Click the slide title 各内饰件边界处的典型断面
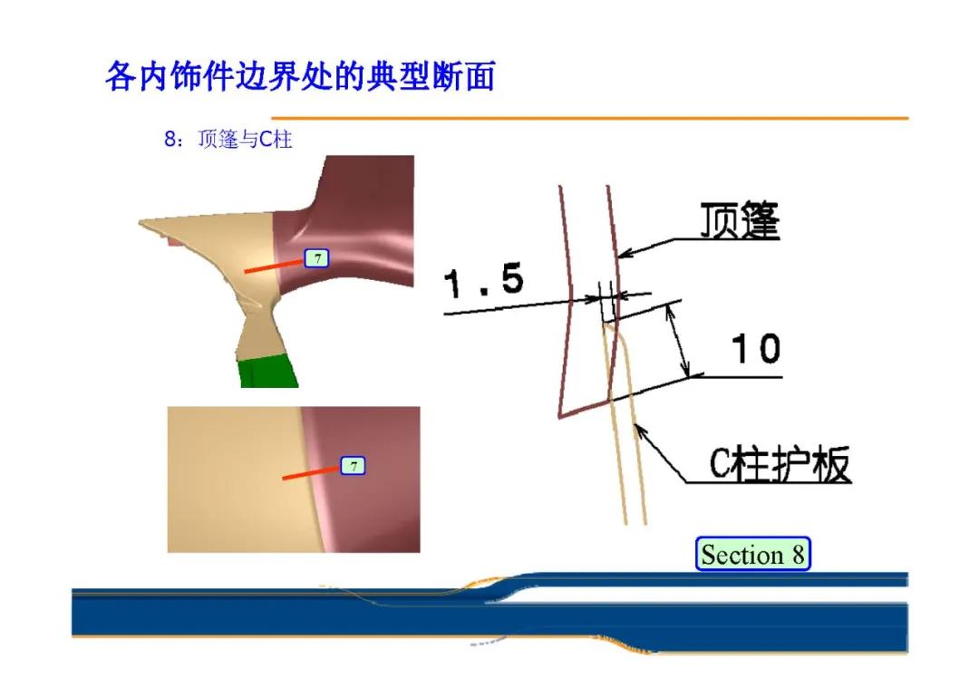(x=300, y=76)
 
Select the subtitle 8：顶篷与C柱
(x=228, y=139)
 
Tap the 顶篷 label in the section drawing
(x=740, y=220)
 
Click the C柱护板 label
(x=780, y=464)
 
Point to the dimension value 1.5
(x=484, y=280)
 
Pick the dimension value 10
(x=756, y=348)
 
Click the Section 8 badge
(x=753, y=554)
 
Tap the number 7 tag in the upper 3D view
(x=316, y=257)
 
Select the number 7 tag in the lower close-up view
(x=353, y=466)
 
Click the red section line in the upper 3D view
(x=274, y=266)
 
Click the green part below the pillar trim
(x=267, y=372)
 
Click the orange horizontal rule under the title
(x=589, y=117)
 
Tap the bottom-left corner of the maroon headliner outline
(x=559, y=417)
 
